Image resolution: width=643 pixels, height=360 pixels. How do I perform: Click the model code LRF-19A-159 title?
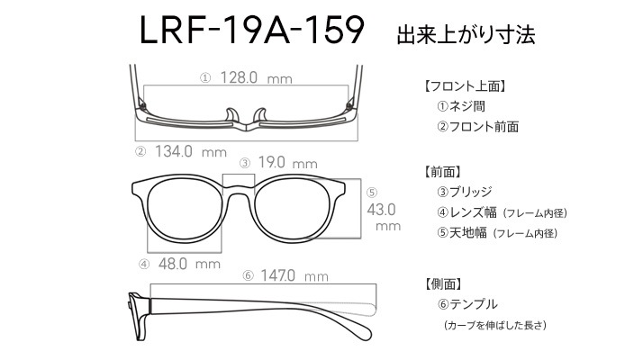[x=252, y=30]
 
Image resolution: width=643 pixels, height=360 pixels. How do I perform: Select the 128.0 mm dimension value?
[x=257, y=77]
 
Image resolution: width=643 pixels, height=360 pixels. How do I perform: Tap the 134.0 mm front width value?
[x=191, y=152]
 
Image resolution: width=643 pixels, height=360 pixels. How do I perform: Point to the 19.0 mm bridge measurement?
[x=288, y=162]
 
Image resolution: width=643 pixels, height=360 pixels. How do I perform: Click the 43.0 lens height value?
[x=381, y=210]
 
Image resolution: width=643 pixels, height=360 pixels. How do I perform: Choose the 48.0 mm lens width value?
[x=189, y=264]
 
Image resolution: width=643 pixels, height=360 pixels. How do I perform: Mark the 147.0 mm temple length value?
[x=294, y=275]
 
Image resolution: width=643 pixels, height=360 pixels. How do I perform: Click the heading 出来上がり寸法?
[x=466, y=34]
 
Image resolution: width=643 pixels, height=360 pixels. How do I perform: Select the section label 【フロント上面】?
[x=465, y=86]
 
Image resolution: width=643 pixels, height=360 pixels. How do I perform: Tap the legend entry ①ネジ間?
[x=461, y=106]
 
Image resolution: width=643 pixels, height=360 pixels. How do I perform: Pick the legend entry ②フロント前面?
[x=477, y=126]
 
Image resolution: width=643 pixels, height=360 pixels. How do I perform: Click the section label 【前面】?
[x=442, y=172]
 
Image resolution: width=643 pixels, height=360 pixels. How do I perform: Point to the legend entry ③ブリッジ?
[x=464, y=192]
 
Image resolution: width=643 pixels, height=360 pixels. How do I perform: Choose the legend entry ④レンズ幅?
[x=466, y=212]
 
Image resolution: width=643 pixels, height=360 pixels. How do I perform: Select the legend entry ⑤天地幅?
[x=462, y=233]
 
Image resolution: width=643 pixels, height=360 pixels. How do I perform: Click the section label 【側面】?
[x=442, y=283]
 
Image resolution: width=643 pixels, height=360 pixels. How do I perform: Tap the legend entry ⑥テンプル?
[x=467, y=304]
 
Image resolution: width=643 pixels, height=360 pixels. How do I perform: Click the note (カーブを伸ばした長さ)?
[x=494, y=325]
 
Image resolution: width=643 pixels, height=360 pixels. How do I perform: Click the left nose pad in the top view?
[x=231, y=115]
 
